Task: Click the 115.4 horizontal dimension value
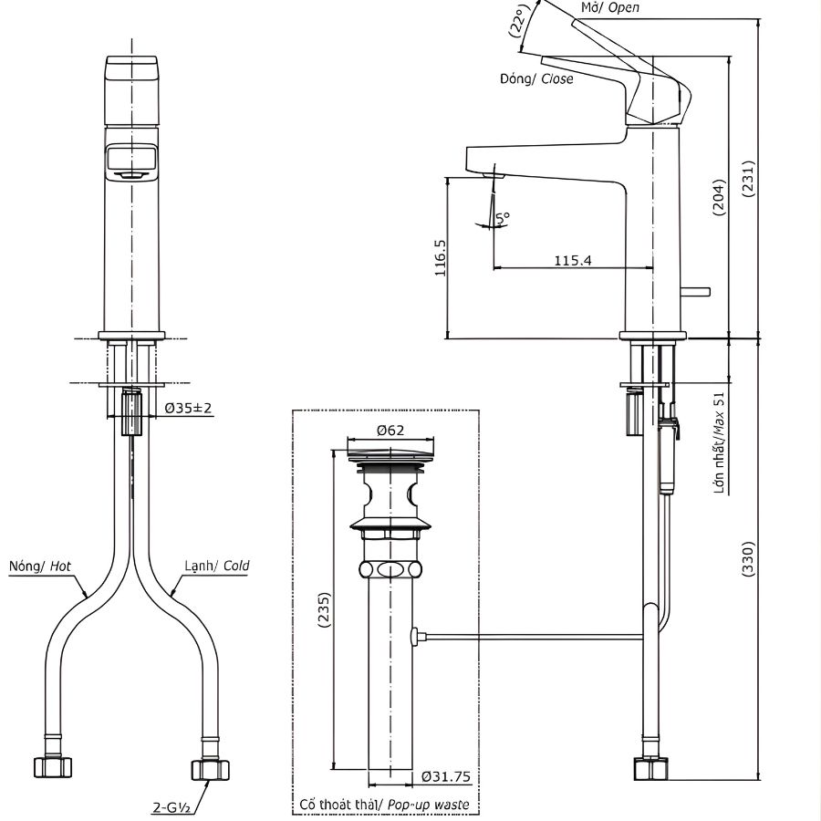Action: pyautogui.click(x=573, y=260)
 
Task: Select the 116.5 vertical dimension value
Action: pyautogui.click(x=441, y=258)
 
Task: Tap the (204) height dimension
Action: pyautogui.click(x=719, y=195)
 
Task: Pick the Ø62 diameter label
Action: pyautogui.click(x=390, y=431)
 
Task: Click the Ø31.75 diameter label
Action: pyautogui.click(x=446, y=777)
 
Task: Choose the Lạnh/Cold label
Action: pyautogui.click(x=216, y=566)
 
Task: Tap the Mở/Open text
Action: pyautogui.click(x=610, y=7)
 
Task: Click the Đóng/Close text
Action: pyautogui.click(x=536, y=79)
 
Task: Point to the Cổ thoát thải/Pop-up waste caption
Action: pyautogui.click(x=384, y=805)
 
